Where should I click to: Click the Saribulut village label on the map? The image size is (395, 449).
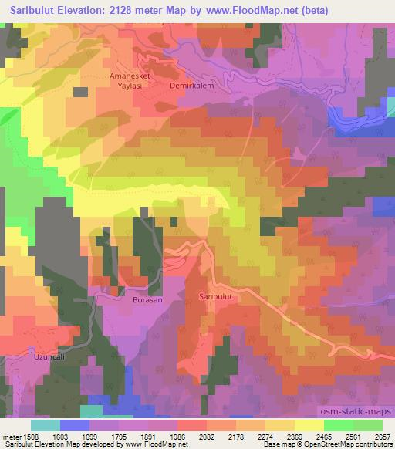216,295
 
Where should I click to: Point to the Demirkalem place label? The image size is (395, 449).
191,86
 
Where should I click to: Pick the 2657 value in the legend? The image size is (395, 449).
382,437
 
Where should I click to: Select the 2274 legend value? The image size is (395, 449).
264,437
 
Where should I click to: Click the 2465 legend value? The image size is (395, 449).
323,437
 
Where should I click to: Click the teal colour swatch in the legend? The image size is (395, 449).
45,425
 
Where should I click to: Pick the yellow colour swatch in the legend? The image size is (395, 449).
309,425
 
